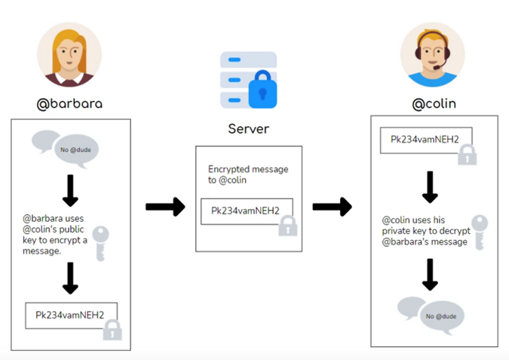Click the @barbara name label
click(70, 103)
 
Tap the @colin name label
click(434, 103)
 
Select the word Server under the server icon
click(249, 128)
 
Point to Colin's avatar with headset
click(432, 55)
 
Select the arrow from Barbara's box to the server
click(164, 206)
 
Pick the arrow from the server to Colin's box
click(332, 206)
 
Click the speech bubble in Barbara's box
click(66, 146)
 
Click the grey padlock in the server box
click(287, 226)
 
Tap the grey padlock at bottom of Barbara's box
click(112, 329)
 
